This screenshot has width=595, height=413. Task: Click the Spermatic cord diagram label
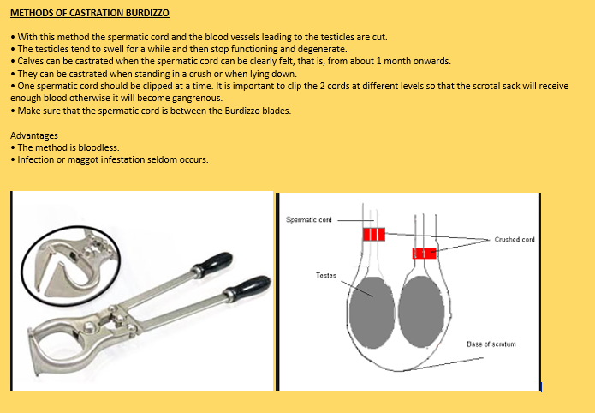click(309, 220)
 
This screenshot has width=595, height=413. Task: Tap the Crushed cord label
click(515, 240)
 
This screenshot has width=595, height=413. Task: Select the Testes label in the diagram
click(326, 276)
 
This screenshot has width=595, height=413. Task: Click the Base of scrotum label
click(491, 344)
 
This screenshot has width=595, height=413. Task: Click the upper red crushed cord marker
click(374, 234)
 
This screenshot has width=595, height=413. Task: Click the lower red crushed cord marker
click(425, 253)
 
